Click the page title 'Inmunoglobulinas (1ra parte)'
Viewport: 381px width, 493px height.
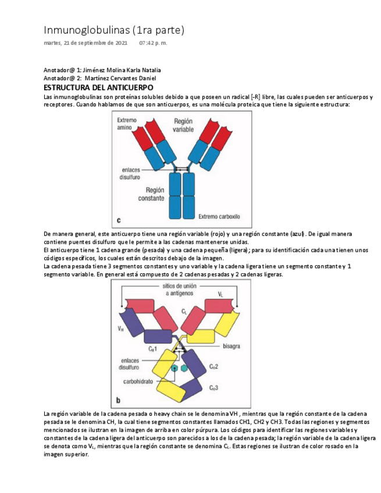pyautogui.click(x=114, y=30)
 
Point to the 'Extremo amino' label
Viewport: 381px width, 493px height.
pyautogui.click(x=127, y=123)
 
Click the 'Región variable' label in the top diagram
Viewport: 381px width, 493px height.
pyautogui.click(x=183, y=125)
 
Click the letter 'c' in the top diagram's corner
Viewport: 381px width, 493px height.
pyautogui.click(x=119, y=220)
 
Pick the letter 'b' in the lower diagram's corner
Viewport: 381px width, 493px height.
pyautogui.click(x=119, y=400)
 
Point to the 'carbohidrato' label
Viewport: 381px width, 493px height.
pyautogui.click(x=138, y=382)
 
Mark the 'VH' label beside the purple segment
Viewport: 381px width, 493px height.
pyautogui.click(x=120, y=328)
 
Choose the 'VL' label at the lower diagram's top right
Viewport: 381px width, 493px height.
pyautogui.click(x=220, y=294)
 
